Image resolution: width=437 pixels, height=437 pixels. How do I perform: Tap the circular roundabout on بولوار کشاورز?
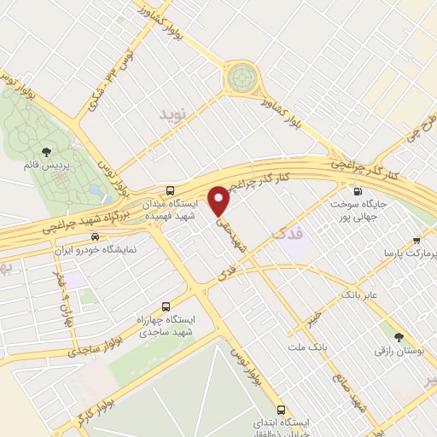(x=242, y=78)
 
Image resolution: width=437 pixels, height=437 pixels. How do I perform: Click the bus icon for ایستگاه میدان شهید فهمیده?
(x=171, y=190)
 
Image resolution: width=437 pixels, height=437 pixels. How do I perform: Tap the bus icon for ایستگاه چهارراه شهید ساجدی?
(x=166, y=306)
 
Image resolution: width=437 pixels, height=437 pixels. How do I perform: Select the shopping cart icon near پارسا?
(x=417, y=241)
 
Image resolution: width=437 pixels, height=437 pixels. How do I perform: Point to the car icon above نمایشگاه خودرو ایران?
(x=95, y=236)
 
